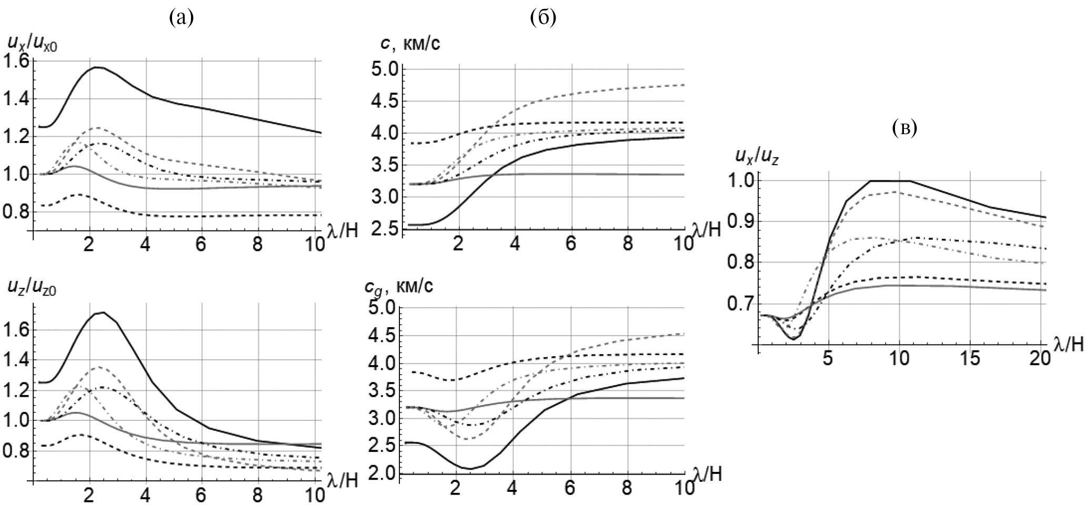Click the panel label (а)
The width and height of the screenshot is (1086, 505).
(182, 19)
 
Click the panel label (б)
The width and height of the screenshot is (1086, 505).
(544, 19)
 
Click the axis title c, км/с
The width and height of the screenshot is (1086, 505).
(413, 44)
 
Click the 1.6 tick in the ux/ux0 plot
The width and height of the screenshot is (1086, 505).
(17, 62)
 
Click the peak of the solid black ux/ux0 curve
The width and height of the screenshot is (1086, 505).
(98, 67)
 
